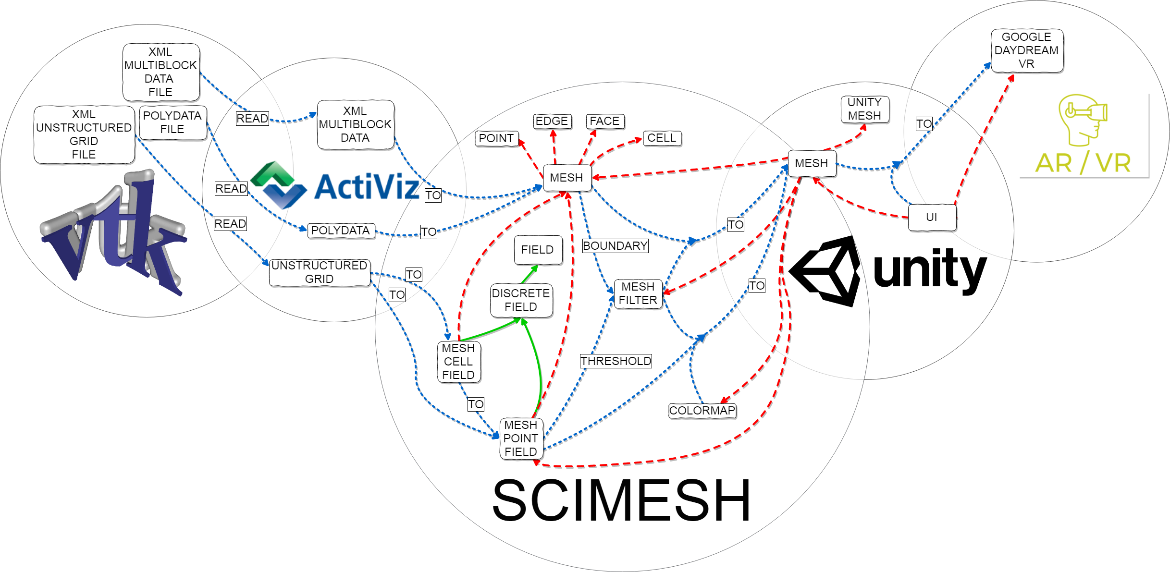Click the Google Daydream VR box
[1027, 50]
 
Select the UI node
[932, 217]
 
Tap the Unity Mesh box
[864, 110]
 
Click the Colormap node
[702, 411]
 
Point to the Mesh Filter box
[638, 293]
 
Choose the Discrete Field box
[521, 300]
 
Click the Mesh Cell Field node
[458, 362]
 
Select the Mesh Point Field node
[521, 438]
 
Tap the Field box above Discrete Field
[538, 250]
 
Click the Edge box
[552, 121]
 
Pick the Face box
[604, 121]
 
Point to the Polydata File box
[172, 122]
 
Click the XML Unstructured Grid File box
[84, 134]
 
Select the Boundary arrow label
[615, 246]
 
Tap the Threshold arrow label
[616, 361]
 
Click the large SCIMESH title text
[621, 500]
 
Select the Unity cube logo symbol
[825, 271]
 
